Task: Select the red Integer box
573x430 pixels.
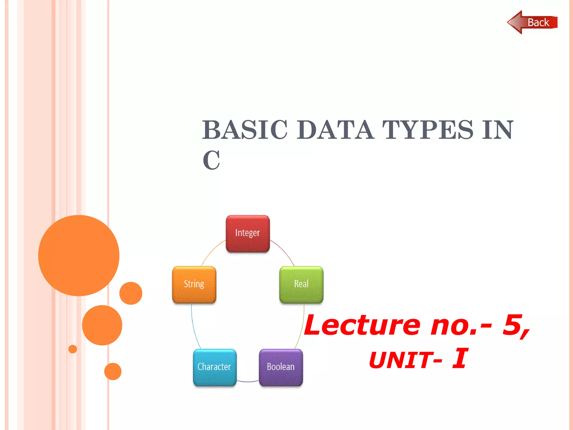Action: tap(248, 233)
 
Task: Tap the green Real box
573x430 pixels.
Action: tap(301, 284)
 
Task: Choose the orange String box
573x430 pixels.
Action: tap(194, 284)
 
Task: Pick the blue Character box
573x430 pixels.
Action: tap(214, 367)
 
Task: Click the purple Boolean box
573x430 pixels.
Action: tap(281, 367)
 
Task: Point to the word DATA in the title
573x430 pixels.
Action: tap(335, 130)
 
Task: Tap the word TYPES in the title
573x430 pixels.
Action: tap(428, 130)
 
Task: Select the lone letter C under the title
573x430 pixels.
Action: tap(211, 160)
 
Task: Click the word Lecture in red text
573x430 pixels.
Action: tap(362, 325)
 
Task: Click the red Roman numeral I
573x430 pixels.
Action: tap(460, 358)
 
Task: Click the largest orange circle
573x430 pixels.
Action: tap(79, 255)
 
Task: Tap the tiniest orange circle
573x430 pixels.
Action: tap(72, 349)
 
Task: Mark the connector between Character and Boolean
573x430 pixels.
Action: tap(248, 381)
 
